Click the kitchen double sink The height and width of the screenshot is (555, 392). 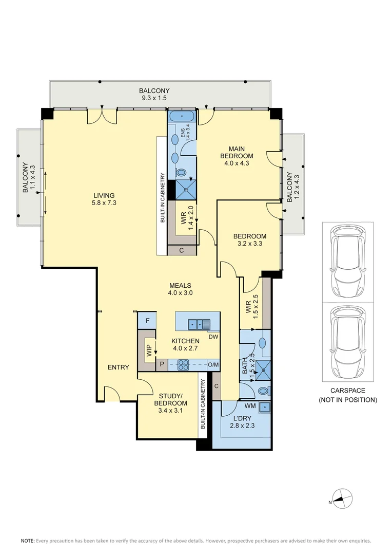pyautogui.click(x=199, y=324)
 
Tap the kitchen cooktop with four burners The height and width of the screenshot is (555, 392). pyautogui.click(x=184, y=364)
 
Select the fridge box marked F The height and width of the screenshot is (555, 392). pyautogui.click(x=147, y=321)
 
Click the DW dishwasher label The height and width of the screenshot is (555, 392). pyautogui.click(x=213, y=337)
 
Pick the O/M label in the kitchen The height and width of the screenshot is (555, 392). pyautogui.click(x=213, y=365)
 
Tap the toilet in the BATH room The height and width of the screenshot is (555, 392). pyautogui.click(x=264, y=391)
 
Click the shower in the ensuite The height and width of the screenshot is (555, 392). pyautogui.click(x=186, y=189)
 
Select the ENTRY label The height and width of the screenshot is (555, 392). pyautogui.click(x=118, y=367)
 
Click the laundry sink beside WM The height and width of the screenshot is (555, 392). pyautogui.click(x=264, y=408)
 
